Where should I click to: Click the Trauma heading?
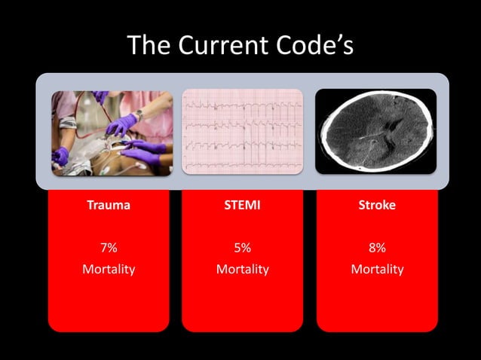(x=108, y=206)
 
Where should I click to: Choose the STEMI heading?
(x=242, y=206)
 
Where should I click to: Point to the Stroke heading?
(x=377, y=206)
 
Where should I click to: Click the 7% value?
(x=108, y=247)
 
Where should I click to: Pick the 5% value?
(x=242, y=247)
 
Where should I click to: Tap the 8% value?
(x=377, y=247)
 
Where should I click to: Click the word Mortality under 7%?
(x=108, y=269)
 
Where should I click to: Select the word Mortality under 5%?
(x=242, y=269)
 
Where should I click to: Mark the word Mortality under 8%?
(x=377, y=269)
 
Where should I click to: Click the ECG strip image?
(x=242, y=132)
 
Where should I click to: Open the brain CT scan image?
(x=375, y=132)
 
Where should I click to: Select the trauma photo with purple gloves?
(x=112, y=132)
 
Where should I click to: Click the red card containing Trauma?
(x=108, y=301)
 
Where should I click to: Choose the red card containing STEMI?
(x=242, y=301)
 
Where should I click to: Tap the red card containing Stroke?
(x=377, y=301)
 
